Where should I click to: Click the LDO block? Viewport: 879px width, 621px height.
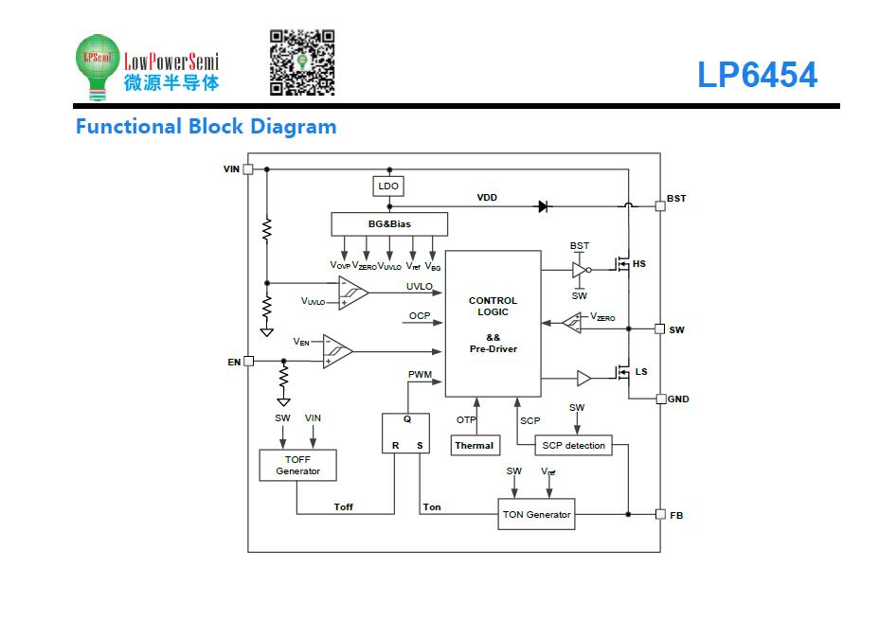pyautogui.click(x=388, y=186)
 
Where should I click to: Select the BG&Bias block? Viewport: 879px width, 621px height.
pyautogui.click(x=389, y=224)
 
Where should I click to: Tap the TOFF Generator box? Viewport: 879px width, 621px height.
pyautogui.click(x=297, y=465)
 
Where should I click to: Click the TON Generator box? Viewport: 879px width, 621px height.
pyautogui.click(x=536, y=514)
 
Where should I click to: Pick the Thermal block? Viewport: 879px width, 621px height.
pyautogui.click(x=475, y=446)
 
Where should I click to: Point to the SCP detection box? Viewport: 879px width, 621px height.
pyautogui.click(x=573, y=446)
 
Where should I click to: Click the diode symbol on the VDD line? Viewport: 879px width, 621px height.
pyautogui.click(x=543, y=206)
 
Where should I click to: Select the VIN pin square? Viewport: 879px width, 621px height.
pyautogui.click(x=248, y=169)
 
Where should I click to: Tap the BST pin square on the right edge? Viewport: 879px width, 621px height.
pyautogui.click(x=660, y=205)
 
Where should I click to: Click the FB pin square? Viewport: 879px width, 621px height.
pyautogui.click(x=660, y=515)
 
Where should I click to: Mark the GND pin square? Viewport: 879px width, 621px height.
pyautogui.click(x=661, y=399)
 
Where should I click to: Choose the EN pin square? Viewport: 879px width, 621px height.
pyautogui.click(x=249, y=362)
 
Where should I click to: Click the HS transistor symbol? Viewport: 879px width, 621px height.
pyautogui.click(x=621, y=264)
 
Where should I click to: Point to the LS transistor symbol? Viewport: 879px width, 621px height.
pyautogui.click(x=621, y=372)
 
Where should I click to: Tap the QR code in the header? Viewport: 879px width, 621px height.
pyautogui.click(x=302, y=62)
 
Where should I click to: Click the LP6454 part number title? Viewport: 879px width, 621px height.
pyautogui.click(x=758, y=75)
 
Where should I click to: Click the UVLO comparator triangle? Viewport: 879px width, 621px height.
pyautogui.click(x=353, y=293)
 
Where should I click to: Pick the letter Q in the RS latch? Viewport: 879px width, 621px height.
pyautogui.click(x=407, y=419)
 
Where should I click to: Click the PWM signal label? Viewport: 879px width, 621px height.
pyautogui.click(x=420, y=374)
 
